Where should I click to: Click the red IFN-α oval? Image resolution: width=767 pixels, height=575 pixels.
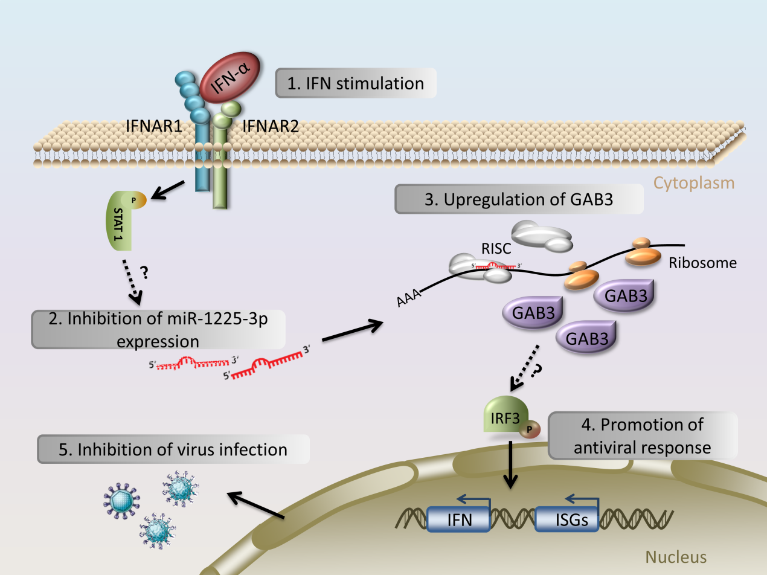[230, 77]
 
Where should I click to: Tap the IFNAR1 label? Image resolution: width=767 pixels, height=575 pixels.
[154, 126]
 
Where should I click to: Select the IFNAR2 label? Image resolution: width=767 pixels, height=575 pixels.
[271, 126]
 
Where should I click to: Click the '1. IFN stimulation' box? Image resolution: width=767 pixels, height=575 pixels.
[356, 83]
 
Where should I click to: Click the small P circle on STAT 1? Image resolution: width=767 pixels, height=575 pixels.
[134, 200]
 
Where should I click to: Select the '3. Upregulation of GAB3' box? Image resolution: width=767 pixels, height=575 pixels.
[519, 199]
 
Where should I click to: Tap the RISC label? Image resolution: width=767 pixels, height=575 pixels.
[496, 249]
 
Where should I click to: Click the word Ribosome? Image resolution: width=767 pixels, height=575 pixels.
[702, 263]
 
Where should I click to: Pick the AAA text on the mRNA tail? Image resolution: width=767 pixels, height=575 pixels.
[409, 297]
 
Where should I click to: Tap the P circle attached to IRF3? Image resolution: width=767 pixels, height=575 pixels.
[530, 429]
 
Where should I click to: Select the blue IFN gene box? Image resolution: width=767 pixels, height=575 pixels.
[458, 519]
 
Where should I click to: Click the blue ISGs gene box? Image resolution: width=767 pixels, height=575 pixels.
[566, 519]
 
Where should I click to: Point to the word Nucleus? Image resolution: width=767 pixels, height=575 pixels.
[676, 557]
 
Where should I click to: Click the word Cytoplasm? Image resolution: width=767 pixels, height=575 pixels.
[694, 183]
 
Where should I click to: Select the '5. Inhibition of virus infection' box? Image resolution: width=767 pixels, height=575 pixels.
[173, 449]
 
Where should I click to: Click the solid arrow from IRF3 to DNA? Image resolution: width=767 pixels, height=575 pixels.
[510, 464]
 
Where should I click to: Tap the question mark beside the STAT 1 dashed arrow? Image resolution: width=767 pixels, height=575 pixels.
[144, 272]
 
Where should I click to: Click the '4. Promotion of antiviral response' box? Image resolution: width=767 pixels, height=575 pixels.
[643, 435]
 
